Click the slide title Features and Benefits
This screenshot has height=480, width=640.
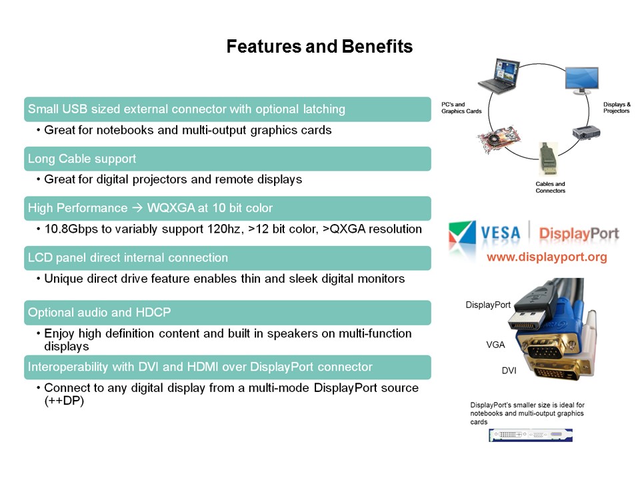pyautogui.click(x=319, y=47)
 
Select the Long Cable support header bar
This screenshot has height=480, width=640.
pyautogui.click(x=227, y=159)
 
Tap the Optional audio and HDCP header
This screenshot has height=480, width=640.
pyautogui.click(x=227, y=312)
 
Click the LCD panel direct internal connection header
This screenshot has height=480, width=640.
pyautogui.click(x=227, y=257)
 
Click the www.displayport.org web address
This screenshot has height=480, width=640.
pyautogui.click(x=547, y=257)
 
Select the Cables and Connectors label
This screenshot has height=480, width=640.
pyautogui.click(x=550, y=187)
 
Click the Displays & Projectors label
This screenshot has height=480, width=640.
pyautogui.click(x=616, y=107)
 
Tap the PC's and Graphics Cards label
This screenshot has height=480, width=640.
pyautogui.click(x=461, y=108)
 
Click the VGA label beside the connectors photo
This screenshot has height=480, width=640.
pyautogui.click(x=495, y=345)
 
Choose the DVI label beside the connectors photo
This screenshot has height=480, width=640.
pyautogui.click(x=509, y=369)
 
